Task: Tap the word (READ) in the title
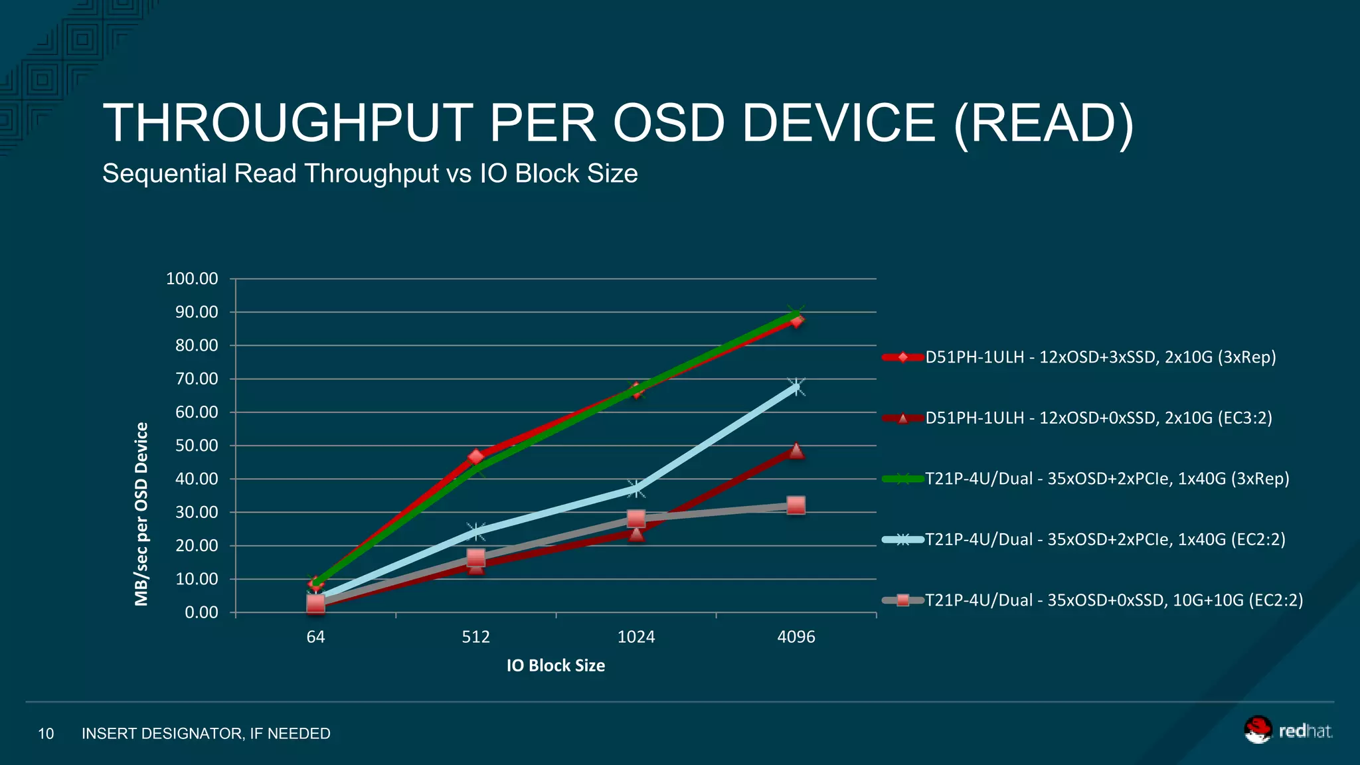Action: pos(1043,124)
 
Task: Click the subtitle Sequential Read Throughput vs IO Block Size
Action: pos(370,174)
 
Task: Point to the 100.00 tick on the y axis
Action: pos(192,279)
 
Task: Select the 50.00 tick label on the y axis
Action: pos(196,446)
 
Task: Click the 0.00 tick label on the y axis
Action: pos(201,612)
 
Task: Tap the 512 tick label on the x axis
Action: pos(475,637)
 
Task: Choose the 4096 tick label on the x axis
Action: pos(796,637)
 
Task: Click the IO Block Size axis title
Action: pos(555,665)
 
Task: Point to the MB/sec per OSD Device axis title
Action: pos(141,514)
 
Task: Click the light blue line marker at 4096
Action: pos(796,387)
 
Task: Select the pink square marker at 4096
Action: pos(796,505)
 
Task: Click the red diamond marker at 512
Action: pos(475,457)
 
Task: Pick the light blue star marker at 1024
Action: pos(636,489)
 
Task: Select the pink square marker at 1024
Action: pos(636,519)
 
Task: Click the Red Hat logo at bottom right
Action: pos(1288,730)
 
